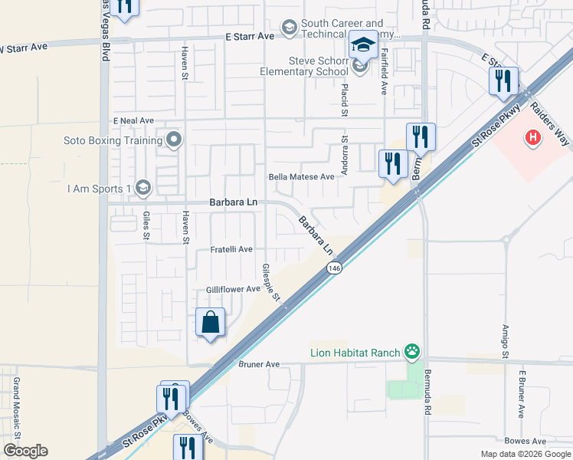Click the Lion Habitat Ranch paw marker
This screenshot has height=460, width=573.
[413, 352]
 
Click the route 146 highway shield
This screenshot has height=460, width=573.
[334, 268]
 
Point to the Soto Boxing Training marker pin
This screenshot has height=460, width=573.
[174, 140]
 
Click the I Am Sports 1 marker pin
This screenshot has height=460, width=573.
[142, 188]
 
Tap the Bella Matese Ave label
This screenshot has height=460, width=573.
[301, 176]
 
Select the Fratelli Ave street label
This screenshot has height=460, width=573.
[231, 250]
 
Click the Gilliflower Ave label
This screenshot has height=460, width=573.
[234, 289]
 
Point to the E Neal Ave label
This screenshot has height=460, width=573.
[133, 121]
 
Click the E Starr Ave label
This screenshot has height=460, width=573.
[250, 36]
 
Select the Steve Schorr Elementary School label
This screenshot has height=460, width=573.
[309, 67]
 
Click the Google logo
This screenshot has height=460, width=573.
[25, 451]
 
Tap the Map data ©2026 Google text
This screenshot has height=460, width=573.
[525, 454]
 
